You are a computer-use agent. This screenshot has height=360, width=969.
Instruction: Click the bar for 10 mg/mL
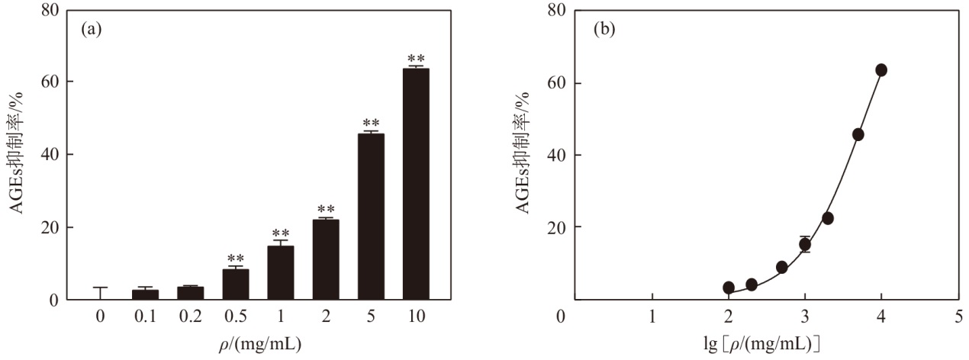[416, 184]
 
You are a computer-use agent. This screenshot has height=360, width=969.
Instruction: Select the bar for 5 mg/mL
[371, 217]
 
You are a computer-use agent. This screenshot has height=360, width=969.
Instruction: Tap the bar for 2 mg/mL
[326, 259]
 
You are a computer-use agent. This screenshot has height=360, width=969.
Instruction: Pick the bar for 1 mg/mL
[281, 273]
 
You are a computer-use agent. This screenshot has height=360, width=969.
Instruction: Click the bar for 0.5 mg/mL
[236, 284]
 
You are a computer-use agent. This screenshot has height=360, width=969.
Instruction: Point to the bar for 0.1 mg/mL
[145, 294]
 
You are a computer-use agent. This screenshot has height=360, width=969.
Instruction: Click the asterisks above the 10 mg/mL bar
[416, 59]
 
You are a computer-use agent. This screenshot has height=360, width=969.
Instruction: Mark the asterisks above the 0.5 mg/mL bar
[236, 259]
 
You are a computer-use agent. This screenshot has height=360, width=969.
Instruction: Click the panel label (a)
[92, 30]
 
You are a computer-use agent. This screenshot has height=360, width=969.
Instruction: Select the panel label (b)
[604, 30]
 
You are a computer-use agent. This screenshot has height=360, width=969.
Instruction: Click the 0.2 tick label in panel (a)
[190, 317]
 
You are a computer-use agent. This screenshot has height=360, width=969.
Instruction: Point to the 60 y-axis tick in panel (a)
[50, 82]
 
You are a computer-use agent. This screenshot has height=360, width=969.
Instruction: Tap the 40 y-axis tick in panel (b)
[556, 155]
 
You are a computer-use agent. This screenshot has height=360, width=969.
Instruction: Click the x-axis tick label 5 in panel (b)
[958, 317]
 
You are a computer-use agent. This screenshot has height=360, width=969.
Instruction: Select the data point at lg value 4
[881, 70]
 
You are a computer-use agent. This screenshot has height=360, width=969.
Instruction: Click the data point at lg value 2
[729, 288]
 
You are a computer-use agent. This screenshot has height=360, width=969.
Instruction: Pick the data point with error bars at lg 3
[805, 245]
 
